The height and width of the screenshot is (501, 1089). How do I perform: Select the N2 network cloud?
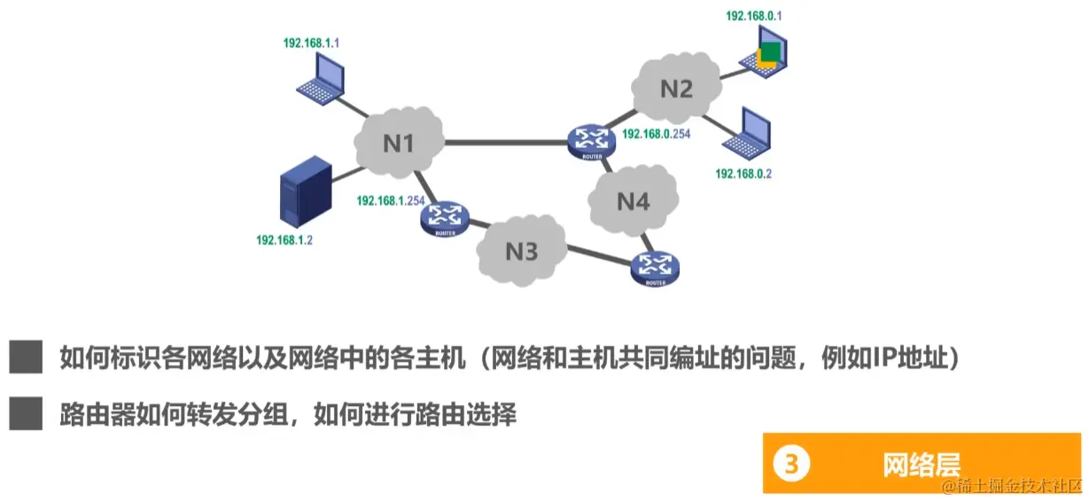click(676, 88)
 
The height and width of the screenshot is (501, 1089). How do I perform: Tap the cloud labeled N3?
click(521, 251)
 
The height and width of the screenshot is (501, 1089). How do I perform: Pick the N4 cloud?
click(633, 201)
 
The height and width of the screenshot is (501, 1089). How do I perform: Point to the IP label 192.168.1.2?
click(284, 240)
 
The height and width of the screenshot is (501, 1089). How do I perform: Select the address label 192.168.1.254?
click(390, 201)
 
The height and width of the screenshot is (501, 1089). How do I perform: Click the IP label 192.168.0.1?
click(754, 16)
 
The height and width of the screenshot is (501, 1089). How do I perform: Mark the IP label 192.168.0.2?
click(743, 174)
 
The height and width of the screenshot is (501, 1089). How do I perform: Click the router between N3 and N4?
click(655, 267)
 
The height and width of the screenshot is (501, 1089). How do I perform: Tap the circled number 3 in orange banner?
click(791, 464)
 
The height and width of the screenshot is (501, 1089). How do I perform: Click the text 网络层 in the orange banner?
click(921, 464)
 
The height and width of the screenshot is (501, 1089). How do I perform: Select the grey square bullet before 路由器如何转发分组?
click(27, 414)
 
